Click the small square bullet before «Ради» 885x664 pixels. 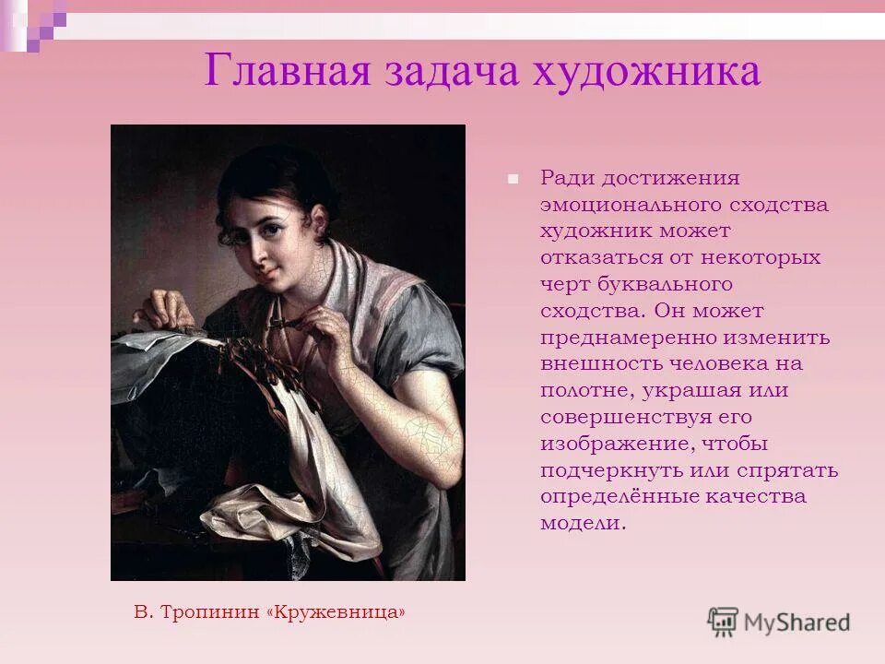pyautogui.click(x=513, y=177)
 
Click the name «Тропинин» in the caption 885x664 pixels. pyautogui.click(x=211, y=611)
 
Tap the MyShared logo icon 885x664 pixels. pyautogui.click(x=723, y=622)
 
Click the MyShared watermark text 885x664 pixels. pyautogui.click(x=797, y=622)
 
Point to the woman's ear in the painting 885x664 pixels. pyautogui.click(x=319, y=221)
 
